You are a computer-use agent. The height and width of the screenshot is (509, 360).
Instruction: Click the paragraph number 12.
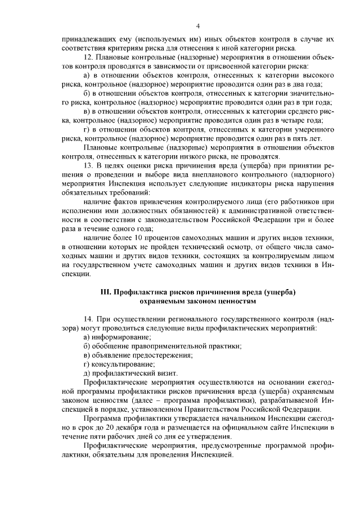tap(87, 57)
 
